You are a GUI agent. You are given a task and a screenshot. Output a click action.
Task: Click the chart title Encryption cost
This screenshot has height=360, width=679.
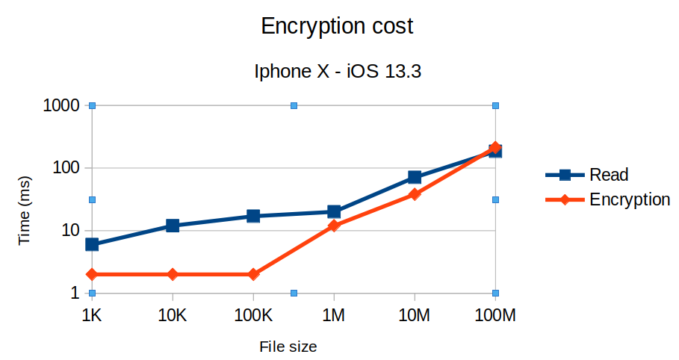point(336,27)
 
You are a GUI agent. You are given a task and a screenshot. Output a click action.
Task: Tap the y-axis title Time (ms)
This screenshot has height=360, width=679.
point(25,211)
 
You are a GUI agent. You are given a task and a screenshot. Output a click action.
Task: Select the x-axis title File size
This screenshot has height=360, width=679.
point(288,347)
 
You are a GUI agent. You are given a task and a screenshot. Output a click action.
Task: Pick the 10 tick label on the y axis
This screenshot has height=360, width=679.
point(70,231)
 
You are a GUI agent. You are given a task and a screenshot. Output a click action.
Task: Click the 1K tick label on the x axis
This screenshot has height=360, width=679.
point(92,316)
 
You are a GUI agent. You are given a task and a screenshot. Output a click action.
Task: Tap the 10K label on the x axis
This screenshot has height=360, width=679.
point(173,316)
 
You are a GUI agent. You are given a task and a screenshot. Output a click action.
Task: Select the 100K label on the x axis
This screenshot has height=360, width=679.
point(253,316)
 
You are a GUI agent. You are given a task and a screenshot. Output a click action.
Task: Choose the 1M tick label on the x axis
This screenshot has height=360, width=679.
point(334,316)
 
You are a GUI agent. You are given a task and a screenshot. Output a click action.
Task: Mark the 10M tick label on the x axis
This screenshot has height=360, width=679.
point(415,316)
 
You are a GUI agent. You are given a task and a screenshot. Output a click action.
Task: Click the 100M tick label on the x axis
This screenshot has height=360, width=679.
point(495,316)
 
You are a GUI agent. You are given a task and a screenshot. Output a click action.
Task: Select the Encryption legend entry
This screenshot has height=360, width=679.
point(629,199)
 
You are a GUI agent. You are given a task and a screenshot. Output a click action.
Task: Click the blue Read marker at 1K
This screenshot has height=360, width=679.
point(92,244)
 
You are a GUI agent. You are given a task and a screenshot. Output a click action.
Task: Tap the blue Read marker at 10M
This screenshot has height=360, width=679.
point(415,177)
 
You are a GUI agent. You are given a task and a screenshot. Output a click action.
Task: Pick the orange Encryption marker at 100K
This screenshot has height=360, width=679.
point(253,274)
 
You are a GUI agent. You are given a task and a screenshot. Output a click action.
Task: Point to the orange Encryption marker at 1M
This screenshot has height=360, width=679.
point(334,225)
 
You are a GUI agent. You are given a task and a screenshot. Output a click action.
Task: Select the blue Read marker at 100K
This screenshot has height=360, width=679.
point(253,216)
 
